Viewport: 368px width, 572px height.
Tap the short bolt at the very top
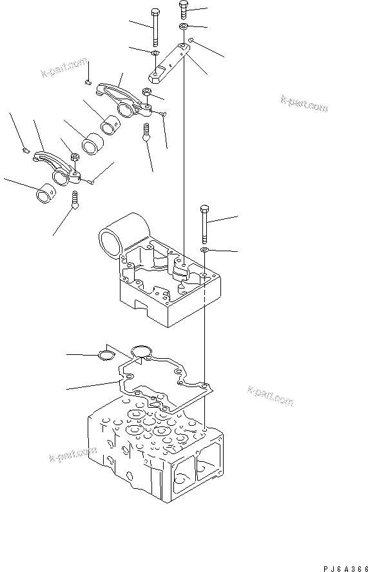click(183, 10)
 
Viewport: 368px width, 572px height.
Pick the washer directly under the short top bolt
click(184, 26)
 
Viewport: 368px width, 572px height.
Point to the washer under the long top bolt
click(155, 53)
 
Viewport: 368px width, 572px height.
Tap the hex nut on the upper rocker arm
click(148, 94)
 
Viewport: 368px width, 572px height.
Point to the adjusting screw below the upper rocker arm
click(147, 134)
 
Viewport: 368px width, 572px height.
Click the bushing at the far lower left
click(46, 191)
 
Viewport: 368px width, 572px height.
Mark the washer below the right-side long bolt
click(204, 249)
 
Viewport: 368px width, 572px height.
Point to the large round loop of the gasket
click(140, 352)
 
